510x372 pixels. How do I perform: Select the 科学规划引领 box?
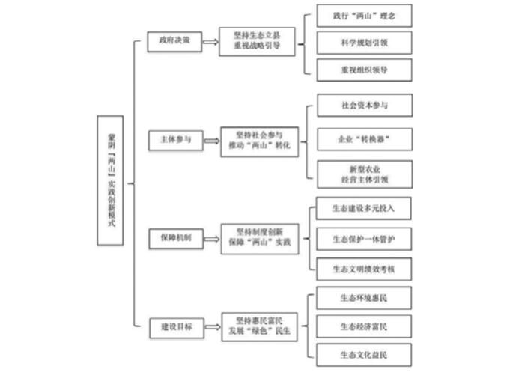tap(364, 43)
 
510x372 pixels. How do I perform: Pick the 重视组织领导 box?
tap(364, 69)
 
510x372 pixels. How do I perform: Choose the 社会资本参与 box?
tap(364, 106)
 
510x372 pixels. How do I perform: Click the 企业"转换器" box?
tap(364, 140)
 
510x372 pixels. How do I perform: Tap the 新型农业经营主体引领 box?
tap(364, 174)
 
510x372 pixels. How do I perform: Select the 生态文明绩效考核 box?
tap(364, 266)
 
